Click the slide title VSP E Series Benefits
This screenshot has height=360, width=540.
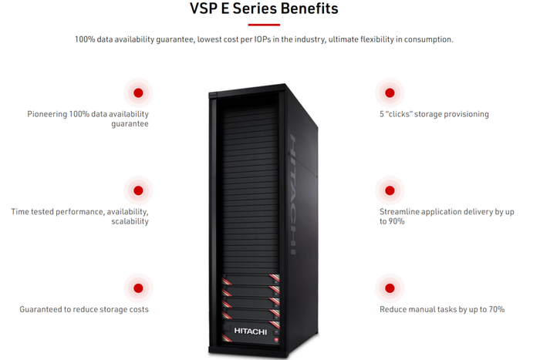pyautogui.click(x=263, y=10)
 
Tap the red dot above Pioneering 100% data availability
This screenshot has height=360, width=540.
pyautogui.click(x=138, y=93)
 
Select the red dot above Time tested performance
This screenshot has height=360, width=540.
pyautogui.click(x=138, y=190)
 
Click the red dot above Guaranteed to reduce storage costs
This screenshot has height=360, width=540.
pyautogui.click(x=138, y=288)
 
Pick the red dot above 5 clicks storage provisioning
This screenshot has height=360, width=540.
pyautogui.click(x=389, y=93)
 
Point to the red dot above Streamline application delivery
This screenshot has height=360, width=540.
pyautogui.click(x=389, y=190)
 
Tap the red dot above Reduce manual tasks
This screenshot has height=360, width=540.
pyautogui.click(x=389, y=288)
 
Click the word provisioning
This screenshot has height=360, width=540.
pyautogui.click(x=464, y=114)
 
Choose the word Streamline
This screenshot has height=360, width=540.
pyautogui.click(x=401, y=210)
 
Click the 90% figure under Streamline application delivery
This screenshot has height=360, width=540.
pyautogui.click(x=396, y=221)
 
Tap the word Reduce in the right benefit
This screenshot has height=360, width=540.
pyautogui.click(x=394, y=309)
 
